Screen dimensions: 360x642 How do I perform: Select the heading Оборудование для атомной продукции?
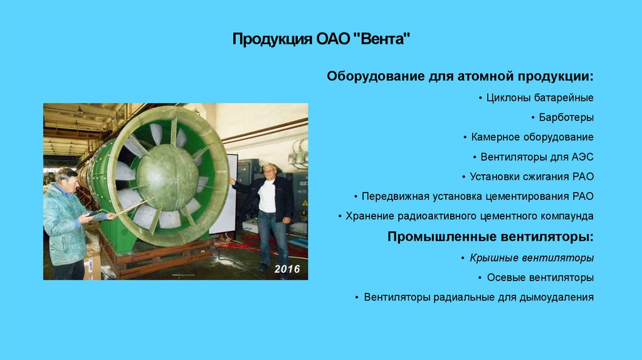[460, 77]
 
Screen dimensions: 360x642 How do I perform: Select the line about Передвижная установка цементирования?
[477, 196]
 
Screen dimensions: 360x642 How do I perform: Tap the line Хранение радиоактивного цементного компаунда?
[470, 216]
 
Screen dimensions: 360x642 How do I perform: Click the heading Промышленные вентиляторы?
[490, 236]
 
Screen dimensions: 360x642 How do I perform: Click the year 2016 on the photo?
[287, 269]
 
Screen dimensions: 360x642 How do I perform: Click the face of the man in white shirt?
[269, 171]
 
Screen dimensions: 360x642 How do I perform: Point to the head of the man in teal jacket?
[66, 179]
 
